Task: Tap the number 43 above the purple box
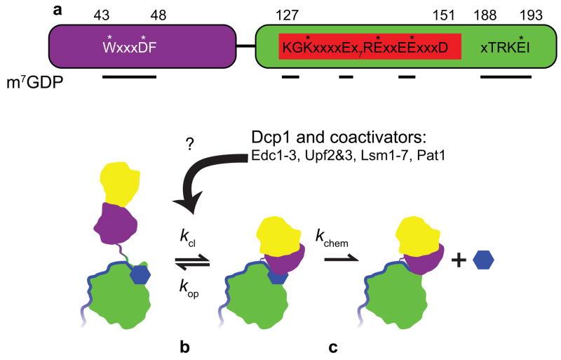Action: point(109,15)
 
